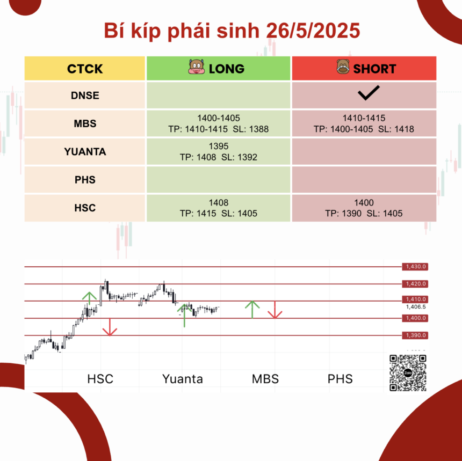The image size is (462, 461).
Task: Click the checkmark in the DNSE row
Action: click(x=369, y=93)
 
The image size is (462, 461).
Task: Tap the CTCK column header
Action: click(x=85, y=69)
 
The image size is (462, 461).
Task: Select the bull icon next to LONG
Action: click(x=196, y=67)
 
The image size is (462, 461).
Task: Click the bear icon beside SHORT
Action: click(x=343, y=67)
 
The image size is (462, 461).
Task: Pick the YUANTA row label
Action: click(x=85, y=151)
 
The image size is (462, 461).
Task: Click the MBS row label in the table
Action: click(x=85, y=123)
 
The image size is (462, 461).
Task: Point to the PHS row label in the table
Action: click(x=85, y=180)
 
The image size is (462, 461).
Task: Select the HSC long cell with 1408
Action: click(x=218, y=208)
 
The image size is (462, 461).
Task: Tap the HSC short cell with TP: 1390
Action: click(x=364, y=208)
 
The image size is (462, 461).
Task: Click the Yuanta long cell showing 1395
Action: click(x=218, y=151)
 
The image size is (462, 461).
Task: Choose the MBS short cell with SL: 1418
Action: click(x=364, y=123)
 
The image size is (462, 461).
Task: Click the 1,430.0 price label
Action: click(x=415, y=267)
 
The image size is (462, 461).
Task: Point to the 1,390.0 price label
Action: click(x=415, y=335)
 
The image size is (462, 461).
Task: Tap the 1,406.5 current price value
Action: click(x=416, y=307)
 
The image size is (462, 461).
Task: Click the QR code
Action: click(x=408, y=373)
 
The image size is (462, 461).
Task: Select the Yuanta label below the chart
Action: click(x=183, y=379)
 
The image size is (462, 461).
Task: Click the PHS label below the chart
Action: click(x=340, y=379)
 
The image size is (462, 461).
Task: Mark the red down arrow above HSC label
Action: click(x=110, y=327)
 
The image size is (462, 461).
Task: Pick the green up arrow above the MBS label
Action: click(x=252, y=310)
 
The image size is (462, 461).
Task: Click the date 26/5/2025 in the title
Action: click(x=313, y=31)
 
